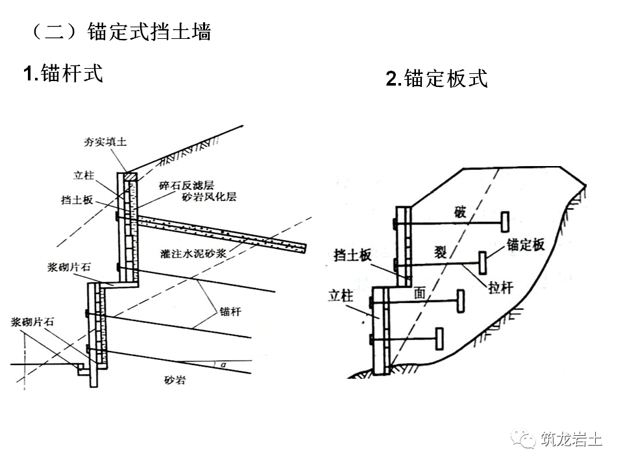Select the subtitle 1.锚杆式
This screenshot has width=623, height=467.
[x=64, y=73]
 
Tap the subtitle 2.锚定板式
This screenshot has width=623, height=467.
[x=436, y=78]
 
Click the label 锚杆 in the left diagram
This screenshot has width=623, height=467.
[x=230, y=311]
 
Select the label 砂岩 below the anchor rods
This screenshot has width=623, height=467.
[x=175, y=380]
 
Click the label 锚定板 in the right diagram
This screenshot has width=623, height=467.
[x=525, y=245]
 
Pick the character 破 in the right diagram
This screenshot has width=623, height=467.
[x=459, y=213]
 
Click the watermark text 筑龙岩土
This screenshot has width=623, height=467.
[x=570, y=439]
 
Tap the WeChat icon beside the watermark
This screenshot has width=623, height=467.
[x=522, y=439]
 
